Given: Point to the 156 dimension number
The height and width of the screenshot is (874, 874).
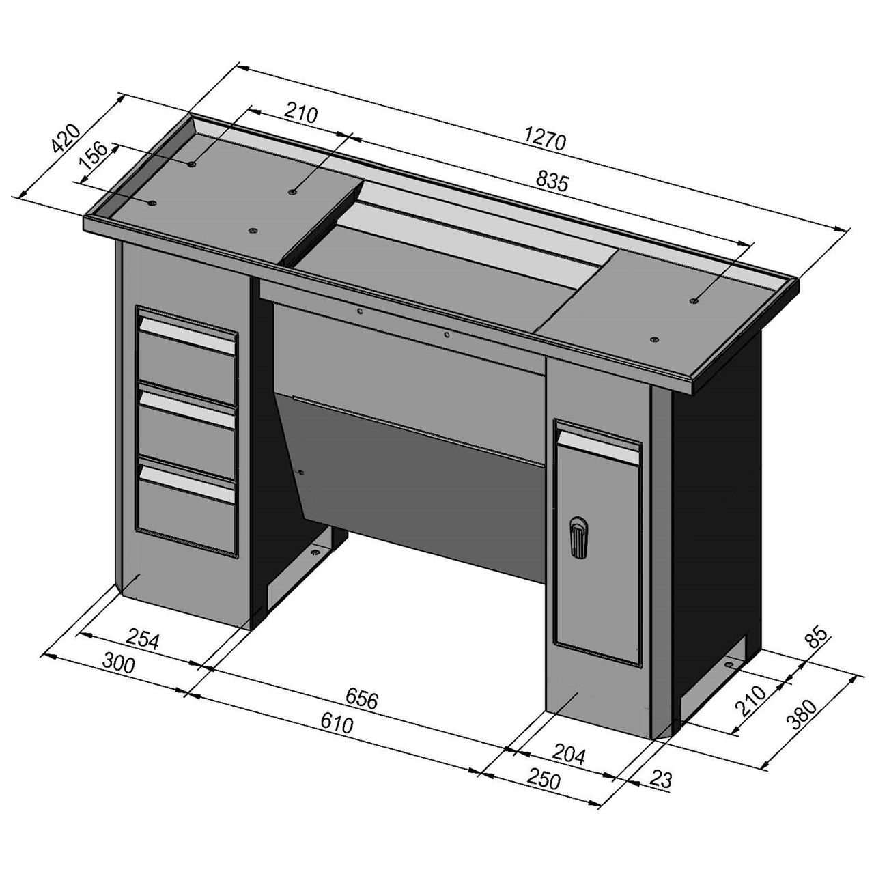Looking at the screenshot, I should tap(93, 156).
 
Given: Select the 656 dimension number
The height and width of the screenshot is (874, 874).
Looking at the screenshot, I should tap(361, 697).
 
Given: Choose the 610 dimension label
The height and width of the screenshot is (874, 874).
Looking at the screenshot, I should tap(337, 723).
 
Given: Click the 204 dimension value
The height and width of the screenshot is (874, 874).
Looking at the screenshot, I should tap(569, 755).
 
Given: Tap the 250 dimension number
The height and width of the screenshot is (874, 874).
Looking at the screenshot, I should tap(544, 780).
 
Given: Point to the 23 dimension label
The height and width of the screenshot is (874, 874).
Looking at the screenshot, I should tap(660, 780).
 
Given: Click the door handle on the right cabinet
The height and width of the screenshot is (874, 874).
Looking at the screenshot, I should tap(578, 539).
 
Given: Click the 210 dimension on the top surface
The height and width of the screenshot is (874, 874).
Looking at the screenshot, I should tap(301, 114).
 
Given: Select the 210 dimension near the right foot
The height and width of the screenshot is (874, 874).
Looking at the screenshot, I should tap(752, 702).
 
